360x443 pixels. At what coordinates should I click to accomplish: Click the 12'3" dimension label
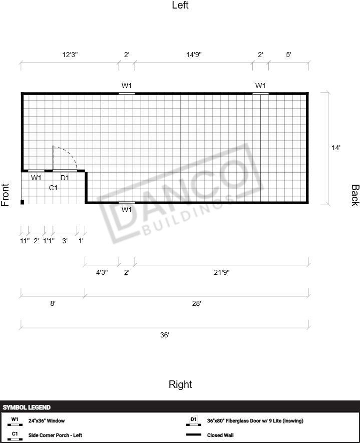70,55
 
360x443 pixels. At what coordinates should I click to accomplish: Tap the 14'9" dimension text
194,55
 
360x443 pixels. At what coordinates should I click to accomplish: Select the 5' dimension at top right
288,55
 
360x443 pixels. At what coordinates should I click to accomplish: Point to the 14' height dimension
336,148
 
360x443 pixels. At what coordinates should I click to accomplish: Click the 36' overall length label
165,335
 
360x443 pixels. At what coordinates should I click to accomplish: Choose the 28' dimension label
197,303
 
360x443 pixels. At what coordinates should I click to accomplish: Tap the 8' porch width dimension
53,303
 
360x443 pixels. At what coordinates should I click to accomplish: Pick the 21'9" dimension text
222,272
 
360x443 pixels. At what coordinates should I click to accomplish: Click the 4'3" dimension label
102,272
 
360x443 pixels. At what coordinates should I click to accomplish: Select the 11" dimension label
25,241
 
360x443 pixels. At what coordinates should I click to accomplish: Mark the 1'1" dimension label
49,241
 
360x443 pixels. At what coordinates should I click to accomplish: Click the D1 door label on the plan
65,178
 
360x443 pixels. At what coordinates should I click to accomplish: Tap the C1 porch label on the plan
53,188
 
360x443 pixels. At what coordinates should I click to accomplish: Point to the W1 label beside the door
36,178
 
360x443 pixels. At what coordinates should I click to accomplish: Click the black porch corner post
23,202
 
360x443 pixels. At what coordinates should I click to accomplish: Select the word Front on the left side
5,195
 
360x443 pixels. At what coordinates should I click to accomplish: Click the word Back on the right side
355,195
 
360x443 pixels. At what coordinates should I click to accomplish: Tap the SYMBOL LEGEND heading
27,407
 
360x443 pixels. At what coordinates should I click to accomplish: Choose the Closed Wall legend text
220,435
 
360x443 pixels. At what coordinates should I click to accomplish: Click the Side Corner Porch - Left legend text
55,435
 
